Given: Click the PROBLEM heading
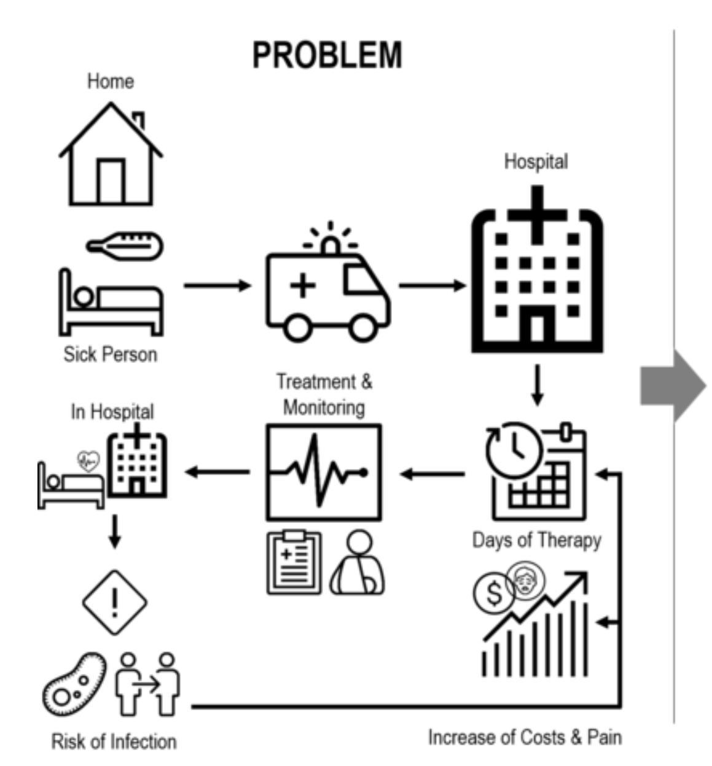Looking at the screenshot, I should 327,55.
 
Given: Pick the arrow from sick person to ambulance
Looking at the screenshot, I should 217,285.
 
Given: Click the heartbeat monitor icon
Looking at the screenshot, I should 323,473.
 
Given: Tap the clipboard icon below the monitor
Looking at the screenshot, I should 294,563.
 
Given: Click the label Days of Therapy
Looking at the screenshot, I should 536,541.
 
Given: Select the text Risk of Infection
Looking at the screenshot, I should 114,741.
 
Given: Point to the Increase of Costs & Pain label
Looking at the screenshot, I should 525,737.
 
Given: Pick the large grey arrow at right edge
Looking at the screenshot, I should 673,387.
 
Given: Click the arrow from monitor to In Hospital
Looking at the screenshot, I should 217,472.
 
